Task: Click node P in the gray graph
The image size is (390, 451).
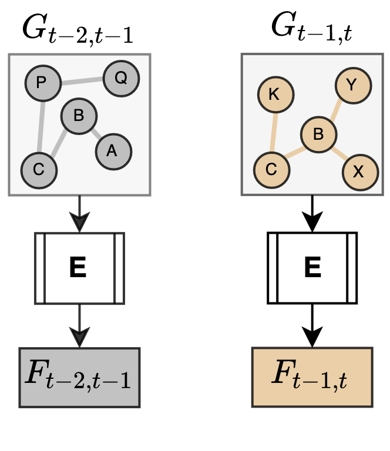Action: coord(43,83)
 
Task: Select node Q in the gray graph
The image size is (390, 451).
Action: coord(121,78)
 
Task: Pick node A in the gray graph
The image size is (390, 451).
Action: coord(113,151)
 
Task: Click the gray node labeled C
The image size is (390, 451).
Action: coord(39,170)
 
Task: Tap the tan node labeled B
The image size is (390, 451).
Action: coord(319,134)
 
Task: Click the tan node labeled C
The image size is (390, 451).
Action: coord(271,170)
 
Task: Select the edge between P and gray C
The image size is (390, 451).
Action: coord(41,126)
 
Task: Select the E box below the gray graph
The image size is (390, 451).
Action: coord(79,268)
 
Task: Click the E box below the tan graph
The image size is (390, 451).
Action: coord(312,268)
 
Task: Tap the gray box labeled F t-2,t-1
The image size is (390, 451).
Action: coord(79,377)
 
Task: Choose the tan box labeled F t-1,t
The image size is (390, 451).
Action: coord(312,377)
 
